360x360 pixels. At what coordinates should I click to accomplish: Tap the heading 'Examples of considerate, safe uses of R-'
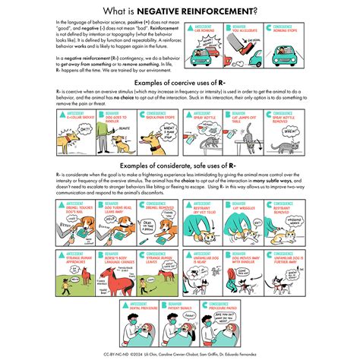pyautogui.click(x=180, y=164)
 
